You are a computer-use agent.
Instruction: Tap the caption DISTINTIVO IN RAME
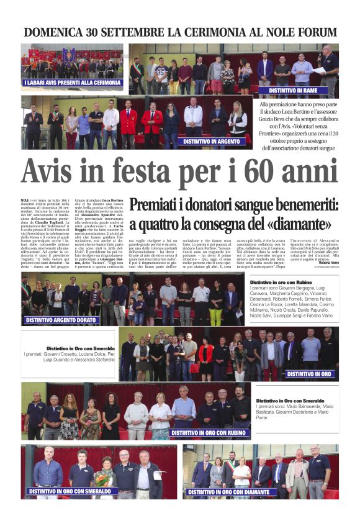click(293, 91)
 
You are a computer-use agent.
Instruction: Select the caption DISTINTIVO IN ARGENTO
click(214, 142)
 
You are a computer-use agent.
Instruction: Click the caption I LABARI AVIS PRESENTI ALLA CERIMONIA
click(72, 83)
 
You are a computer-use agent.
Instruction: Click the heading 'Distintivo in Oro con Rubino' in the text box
click(281, 282)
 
